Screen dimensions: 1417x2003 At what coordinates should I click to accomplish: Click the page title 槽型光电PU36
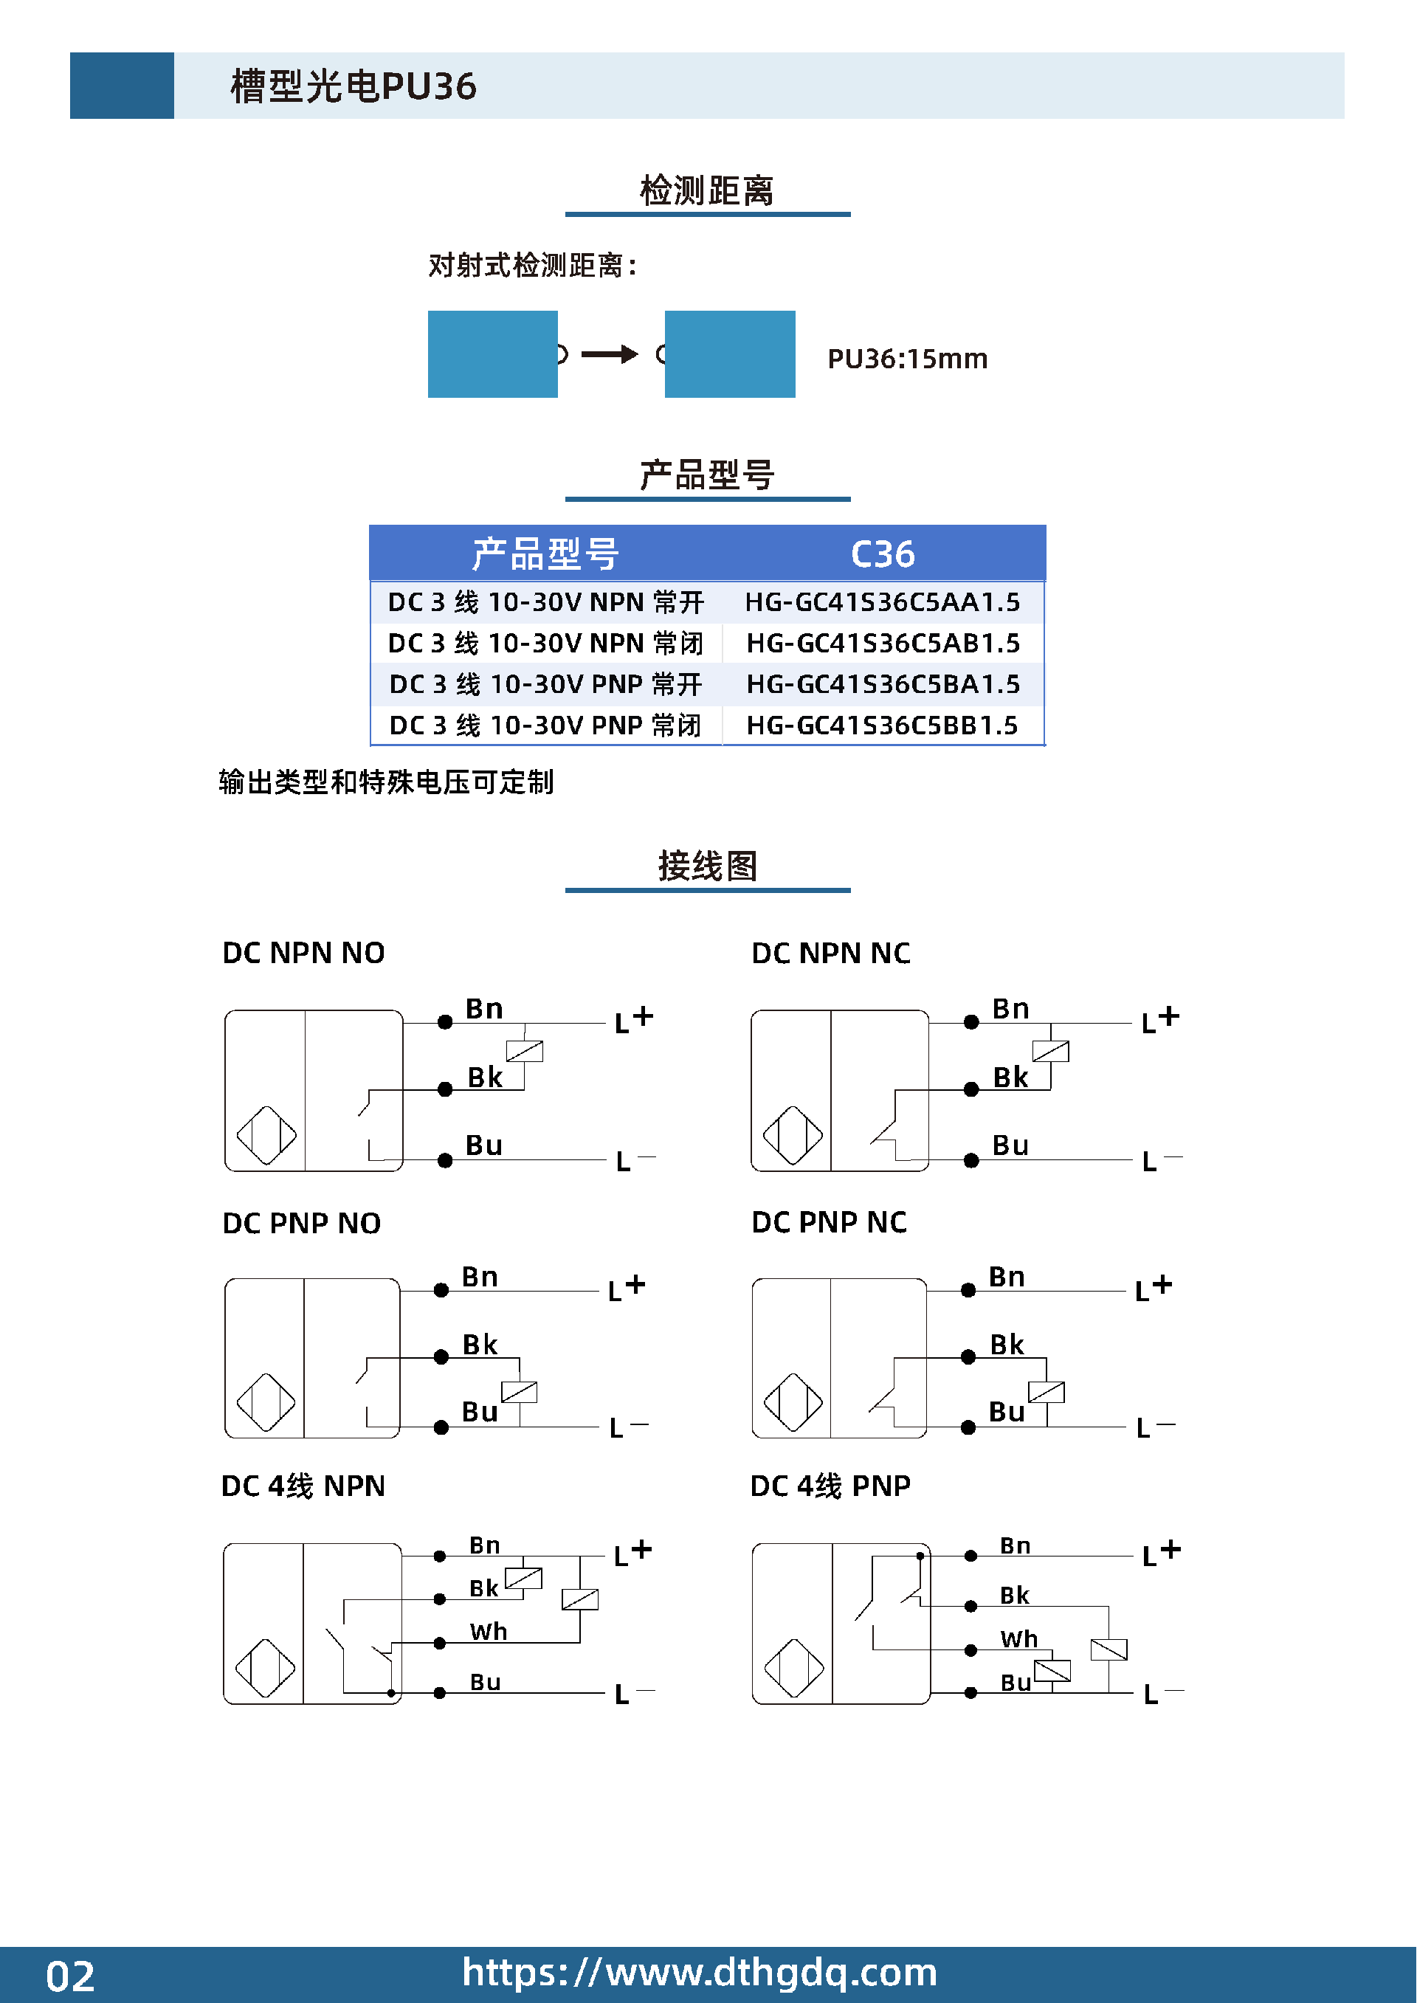354,86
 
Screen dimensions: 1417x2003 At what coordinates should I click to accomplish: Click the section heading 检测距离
707,190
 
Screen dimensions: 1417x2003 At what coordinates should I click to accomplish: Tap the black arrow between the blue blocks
610,354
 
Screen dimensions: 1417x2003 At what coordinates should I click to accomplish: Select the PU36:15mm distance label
908,359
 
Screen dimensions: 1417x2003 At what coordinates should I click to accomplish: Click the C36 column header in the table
882,554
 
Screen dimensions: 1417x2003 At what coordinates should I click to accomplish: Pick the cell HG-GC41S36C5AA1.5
882,602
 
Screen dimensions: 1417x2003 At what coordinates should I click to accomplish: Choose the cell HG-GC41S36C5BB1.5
882,725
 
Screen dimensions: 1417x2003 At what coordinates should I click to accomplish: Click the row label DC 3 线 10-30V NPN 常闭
545,643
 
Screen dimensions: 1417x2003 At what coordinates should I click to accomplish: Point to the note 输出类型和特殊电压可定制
386,782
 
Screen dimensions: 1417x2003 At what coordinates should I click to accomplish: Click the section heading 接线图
708,866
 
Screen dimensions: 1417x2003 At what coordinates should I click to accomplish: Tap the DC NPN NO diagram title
303,953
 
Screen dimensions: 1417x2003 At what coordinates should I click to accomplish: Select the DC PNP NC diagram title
829,1222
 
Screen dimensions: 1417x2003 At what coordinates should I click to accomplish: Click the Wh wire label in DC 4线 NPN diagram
489,1631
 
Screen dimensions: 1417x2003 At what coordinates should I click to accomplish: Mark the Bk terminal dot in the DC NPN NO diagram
445,1089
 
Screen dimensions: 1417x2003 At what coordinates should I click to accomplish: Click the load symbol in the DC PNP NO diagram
519,1391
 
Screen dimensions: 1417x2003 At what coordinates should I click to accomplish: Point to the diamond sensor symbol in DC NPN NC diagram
792,1135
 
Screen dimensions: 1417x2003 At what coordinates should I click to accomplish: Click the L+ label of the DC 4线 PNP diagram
1162,1553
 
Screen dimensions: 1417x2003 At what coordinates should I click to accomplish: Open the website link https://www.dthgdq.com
700,1973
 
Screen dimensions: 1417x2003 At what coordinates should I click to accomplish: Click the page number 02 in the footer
70,1976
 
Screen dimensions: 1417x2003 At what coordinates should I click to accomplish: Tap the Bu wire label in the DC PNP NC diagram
1007,1412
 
